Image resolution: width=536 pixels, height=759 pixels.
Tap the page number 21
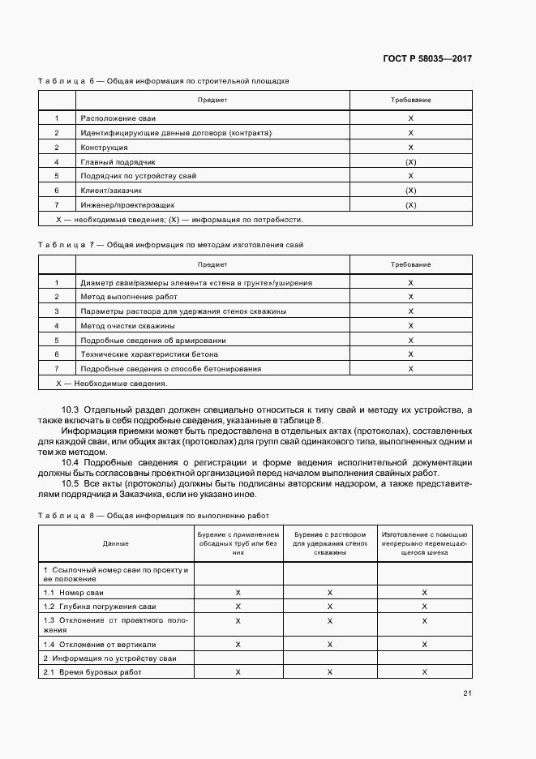pos(467,693)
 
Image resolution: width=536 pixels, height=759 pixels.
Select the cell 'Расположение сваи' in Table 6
pos(113,118)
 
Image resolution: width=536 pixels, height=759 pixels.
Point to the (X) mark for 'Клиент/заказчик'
pos(410,191)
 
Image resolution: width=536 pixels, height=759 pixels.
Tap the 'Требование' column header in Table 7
pos(410,265)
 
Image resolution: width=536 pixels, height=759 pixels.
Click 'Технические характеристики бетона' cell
pos(149,354)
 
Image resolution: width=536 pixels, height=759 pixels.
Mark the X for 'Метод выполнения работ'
pos(410,297)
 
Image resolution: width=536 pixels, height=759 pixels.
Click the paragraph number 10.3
pos(70,410)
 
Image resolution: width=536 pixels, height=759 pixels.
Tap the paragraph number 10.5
pos(70,483)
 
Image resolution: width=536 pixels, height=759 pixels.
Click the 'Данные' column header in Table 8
pos(115,543)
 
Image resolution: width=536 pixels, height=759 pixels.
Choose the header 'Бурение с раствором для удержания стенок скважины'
pos(330,543)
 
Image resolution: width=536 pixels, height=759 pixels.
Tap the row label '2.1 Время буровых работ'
pos(96,672)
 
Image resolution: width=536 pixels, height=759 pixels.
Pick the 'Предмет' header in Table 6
pos(212,100)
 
